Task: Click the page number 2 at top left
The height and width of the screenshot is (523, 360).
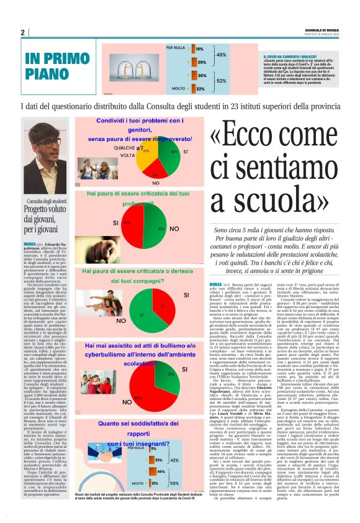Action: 22,33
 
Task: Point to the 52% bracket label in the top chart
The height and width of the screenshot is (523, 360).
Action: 221,80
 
